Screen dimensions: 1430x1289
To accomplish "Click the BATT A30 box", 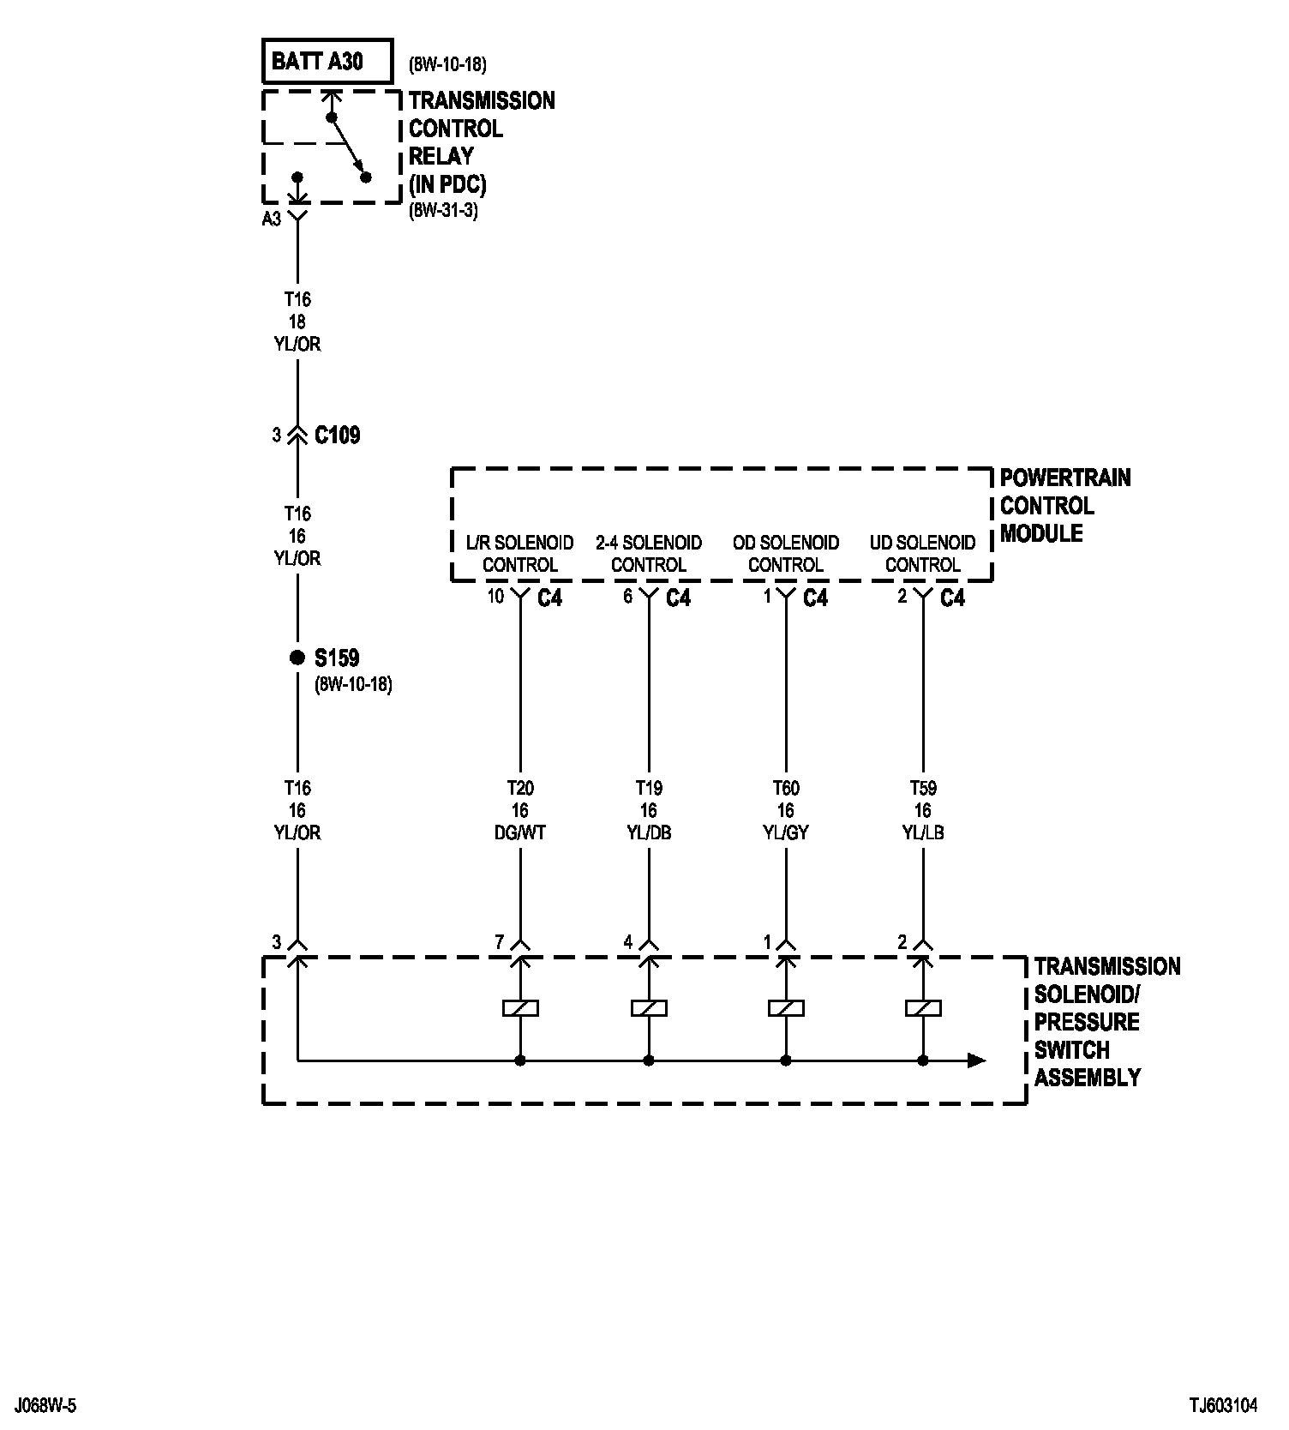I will (x=327, y=61).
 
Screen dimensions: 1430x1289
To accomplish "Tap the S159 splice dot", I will (x=297, y=658).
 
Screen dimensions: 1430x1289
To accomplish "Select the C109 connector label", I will (x=337, y=436).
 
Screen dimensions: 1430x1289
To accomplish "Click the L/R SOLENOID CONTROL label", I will (x=520, y=554).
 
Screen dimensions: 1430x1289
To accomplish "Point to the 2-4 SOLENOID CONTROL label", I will (x=649, y=554).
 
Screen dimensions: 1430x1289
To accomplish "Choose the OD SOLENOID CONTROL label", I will (x=786, y=554).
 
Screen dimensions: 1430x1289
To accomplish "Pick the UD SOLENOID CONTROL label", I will (x=923, y=554).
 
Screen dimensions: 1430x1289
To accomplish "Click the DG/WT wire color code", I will (x=520, y=832).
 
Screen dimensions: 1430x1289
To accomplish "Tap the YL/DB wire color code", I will (x=649, y=832).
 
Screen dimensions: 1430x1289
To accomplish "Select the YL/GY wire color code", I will (x=786, y=832).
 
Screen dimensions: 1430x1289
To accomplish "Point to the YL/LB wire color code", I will (x=923, y=832).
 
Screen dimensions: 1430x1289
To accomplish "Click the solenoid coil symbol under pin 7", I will (x=520, y=1008).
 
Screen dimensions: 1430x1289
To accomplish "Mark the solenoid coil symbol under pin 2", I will (x=923, y=1008).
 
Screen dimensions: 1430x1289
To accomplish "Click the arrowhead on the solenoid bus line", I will (x=977, y=1060).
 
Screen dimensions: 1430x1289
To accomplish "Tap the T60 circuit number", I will (x=786, y=788).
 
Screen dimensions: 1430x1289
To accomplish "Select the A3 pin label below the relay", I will (x=272, y=219).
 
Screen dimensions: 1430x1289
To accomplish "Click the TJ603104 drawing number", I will (x=1223, y=1405).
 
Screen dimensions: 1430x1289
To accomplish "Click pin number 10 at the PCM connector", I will (x=495, y=596).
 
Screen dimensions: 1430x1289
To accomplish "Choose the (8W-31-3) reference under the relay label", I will (x=443, y=210).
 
